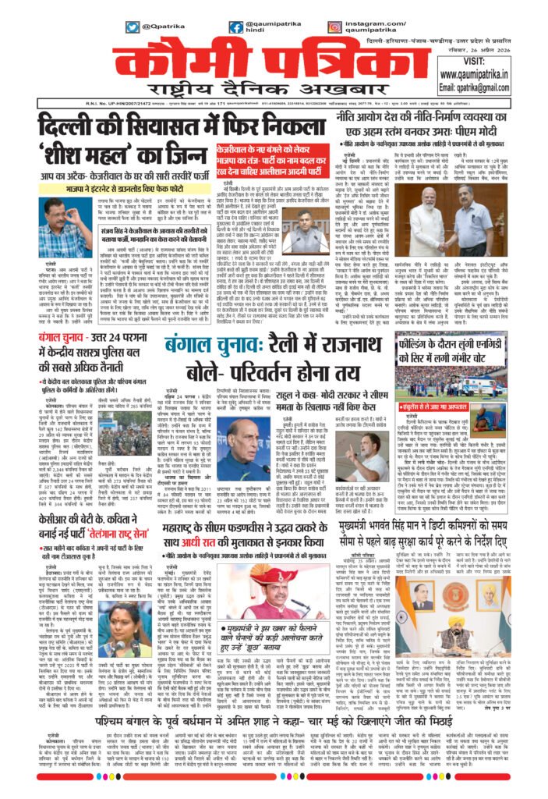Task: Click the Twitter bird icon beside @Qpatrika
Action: (x=133, y=27)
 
